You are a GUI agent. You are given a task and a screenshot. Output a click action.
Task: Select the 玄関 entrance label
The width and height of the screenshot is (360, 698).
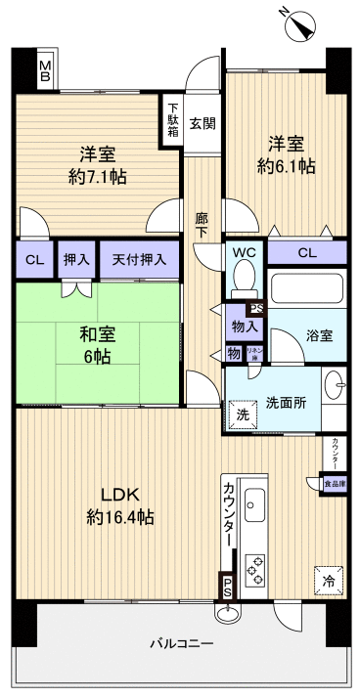pyautogui.click(x=202, y=124)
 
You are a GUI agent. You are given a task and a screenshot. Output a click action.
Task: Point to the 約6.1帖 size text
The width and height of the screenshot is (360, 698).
pyautogui.click(x=287, y=165)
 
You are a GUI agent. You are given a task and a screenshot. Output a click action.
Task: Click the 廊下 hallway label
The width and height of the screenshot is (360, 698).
pyautogui.click(x=202, y=228)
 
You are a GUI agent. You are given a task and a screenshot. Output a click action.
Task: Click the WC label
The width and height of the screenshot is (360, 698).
pyautogui.click(x=245, y=252)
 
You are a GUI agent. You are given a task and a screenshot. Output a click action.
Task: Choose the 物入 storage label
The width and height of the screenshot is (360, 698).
pyautogui.click(x=246, y=326)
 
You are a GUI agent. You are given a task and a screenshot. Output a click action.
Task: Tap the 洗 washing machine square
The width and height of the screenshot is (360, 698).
pyautogui.click(x=242, y=413)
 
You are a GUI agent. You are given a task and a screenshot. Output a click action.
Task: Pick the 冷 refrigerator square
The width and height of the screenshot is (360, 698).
pyautogui.click(x=329, y=580)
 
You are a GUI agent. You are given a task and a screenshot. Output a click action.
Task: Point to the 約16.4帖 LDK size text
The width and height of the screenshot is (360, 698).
pyautogui.click(x=119, y=515)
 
